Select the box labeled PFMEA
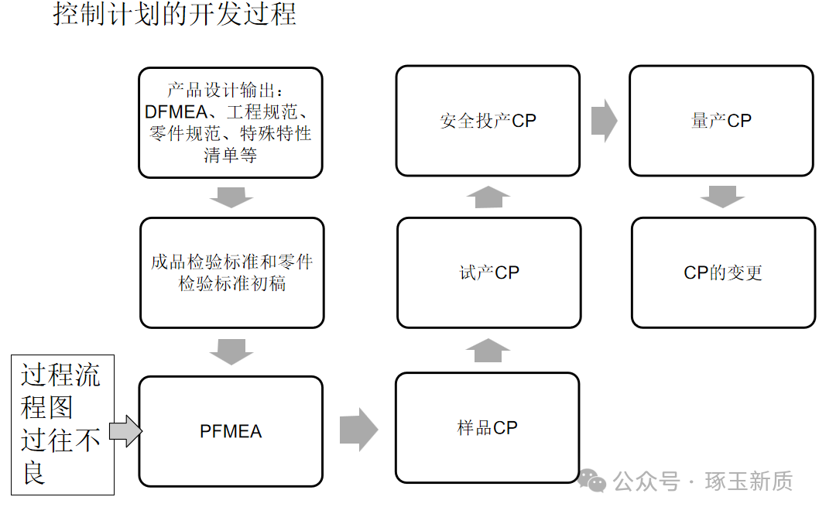point(231,431)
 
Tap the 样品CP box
point(487,427)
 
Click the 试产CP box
point(488,272)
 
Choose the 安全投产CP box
point(488,121)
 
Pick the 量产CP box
point(721,121)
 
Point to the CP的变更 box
point(723,272)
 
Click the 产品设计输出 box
point(231,122)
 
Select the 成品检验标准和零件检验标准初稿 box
point(232,272)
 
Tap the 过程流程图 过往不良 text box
point(61,424)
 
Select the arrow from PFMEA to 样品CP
point(358,430)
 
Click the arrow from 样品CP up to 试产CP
point(488,351)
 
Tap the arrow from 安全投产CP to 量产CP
point(604,121)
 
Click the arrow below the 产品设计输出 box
point(231,197)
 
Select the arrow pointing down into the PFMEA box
point(231,352)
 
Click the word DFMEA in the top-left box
point(172,111)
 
